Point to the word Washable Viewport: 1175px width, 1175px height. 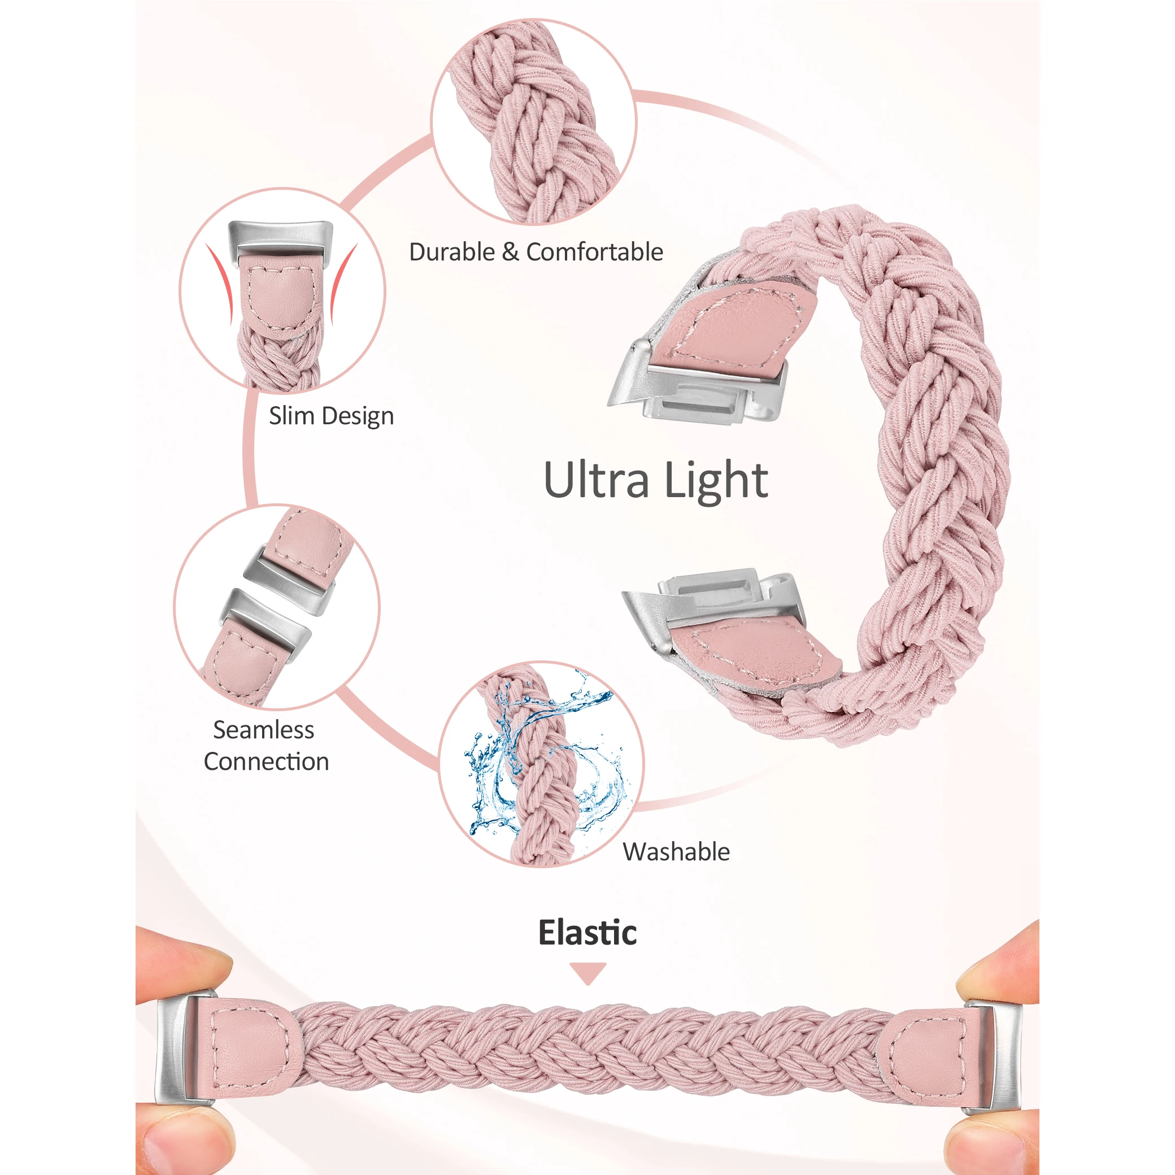[x=676, y=852]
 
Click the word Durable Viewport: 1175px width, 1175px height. [x=452, y=252]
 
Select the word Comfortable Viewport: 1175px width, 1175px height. [x=594, y=252]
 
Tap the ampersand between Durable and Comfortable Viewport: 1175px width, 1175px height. [x=510, y=252]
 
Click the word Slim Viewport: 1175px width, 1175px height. [x=291, y=416]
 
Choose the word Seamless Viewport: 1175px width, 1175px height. [x=263, y=730]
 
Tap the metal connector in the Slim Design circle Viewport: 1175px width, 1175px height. [x=281, y=237]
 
